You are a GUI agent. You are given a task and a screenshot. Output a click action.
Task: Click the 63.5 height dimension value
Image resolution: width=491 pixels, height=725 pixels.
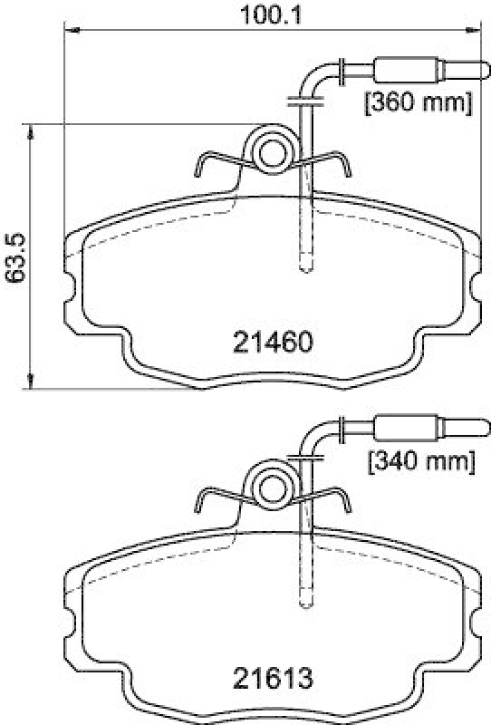tap(13, 256)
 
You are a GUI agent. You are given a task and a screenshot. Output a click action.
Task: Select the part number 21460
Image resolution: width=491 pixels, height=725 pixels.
tap(273, 343)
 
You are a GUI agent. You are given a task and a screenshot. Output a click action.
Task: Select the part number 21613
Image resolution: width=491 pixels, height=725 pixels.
tap(273, 677)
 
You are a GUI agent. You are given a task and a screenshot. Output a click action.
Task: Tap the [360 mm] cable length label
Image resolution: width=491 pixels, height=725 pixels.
tap(417, 102)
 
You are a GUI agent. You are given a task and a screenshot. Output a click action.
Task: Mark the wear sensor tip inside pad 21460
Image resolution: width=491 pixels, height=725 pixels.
tap(304, 266)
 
